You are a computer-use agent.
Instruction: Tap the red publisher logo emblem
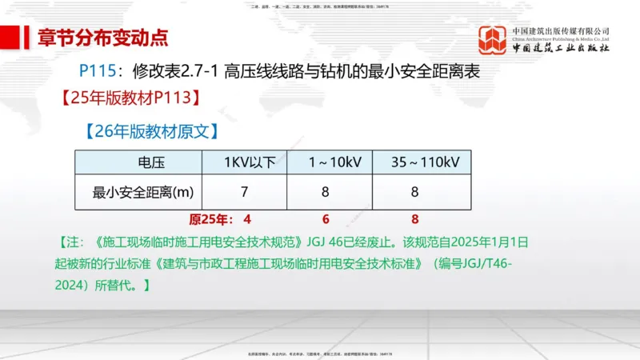(493, 40)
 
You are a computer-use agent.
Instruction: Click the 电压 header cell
(140, 162)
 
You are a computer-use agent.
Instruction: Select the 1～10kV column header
(330, 162)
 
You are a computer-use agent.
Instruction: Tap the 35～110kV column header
(419, 162)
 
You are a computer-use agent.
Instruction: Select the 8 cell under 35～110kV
(415, 192)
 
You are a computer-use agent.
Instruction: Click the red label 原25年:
(209, 219)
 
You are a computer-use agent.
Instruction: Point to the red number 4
(247, 219)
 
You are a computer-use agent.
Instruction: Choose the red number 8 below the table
(414, 219)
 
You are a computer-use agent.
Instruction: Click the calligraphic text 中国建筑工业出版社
(561, 48)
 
